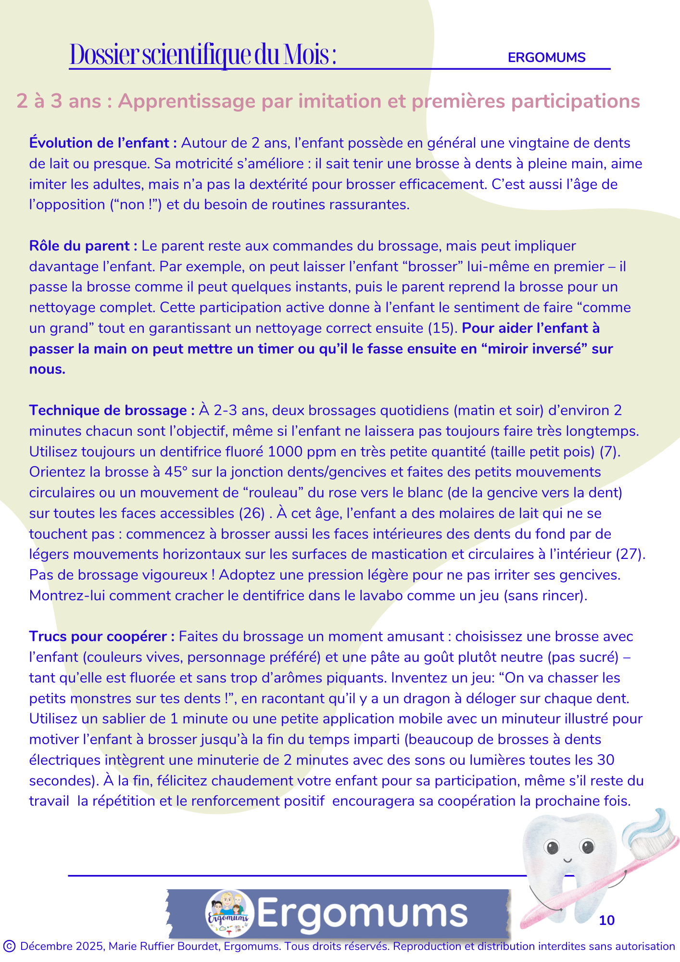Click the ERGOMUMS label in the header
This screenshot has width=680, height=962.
coord(546,58)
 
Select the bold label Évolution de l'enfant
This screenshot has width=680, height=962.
coord(103,143)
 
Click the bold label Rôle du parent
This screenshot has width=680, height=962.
coord(83,246)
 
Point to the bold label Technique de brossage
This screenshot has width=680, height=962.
coord(112,411)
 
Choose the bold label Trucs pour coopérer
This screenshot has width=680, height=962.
coord(101,637)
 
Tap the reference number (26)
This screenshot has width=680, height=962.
coord(252,514)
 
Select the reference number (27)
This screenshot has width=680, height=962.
coord(630,555)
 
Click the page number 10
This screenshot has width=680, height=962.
coord(607,921)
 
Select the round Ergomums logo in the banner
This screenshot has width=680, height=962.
coord(229,913)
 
